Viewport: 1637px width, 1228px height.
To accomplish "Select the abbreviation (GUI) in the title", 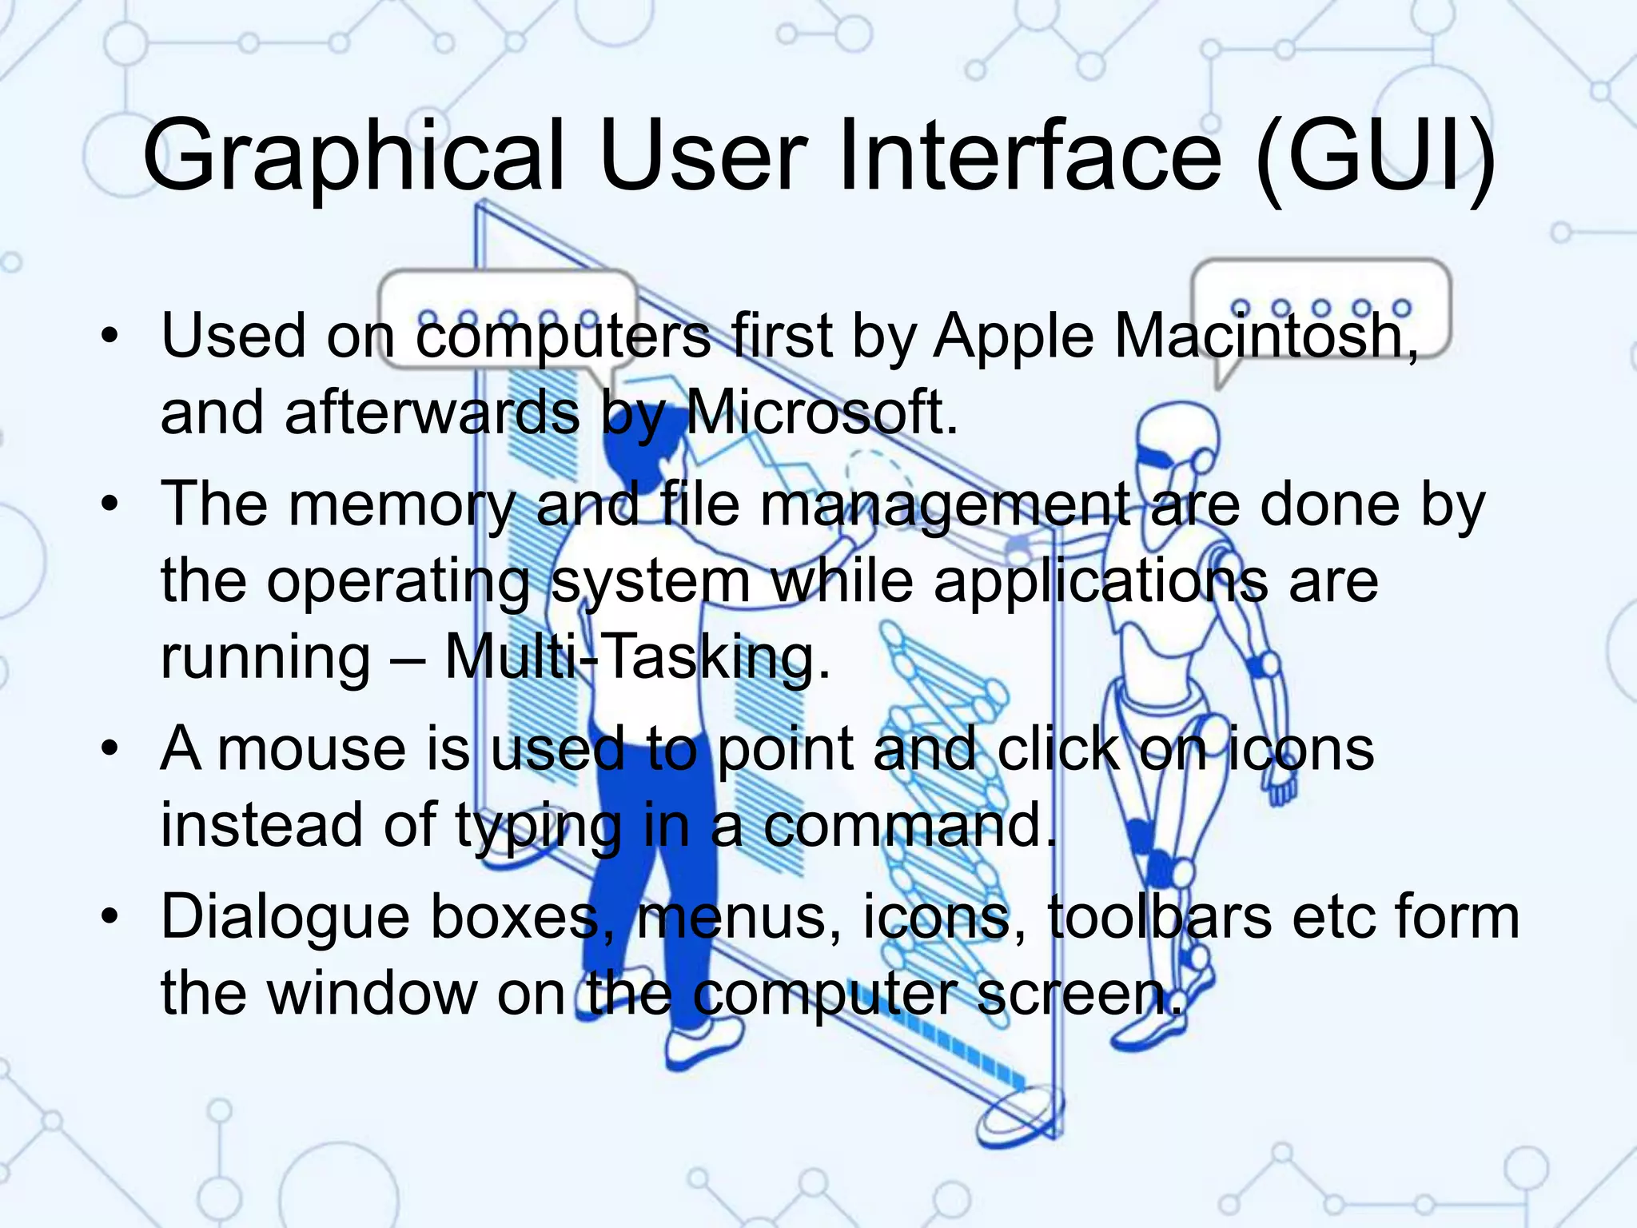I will coord(1375,156).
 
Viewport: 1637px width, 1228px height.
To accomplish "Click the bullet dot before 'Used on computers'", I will coord(110,336).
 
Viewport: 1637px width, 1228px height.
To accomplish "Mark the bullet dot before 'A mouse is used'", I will coord(110,749).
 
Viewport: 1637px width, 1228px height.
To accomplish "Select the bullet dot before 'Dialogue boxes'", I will coord(110,917).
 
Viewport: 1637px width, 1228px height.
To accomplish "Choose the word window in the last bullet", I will coord(371,994).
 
